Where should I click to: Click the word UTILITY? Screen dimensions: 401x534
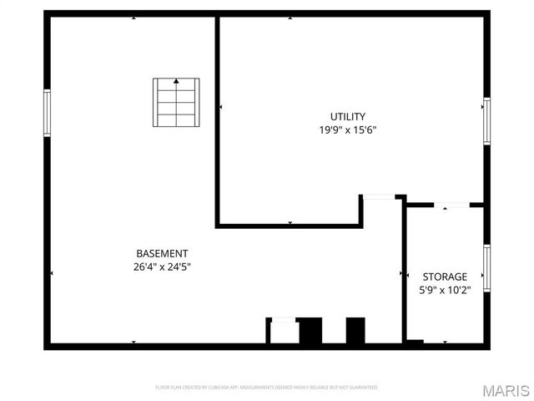tap(347, 117)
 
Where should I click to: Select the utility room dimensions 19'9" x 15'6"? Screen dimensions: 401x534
tap(347, 130)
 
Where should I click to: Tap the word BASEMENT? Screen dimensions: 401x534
tap(162, 254)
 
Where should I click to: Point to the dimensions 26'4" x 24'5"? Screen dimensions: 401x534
tap(162, 267)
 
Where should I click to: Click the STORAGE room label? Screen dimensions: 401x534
tap(445, 277)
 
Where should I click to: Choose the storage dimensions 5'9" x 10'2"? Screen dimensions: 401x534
tap(445, 290)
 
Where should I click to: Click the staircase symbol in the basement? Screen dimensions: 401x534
tap(176, 102)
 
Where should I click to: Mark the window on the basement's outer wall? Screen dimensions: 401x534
tap(47, 113)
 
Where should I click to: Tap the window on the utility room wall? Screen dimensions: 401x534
tap(486, 120)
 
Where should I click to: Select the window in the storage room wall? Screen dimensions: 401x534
tap(486, 267)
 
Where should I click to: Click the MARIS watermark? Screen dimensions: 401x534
tap(505, 390)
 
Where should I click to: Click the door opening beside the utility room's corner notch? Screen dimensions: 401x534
tap(378, 197)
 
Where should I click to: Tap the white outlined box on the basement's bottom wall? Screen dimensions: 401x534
tap(282, 331)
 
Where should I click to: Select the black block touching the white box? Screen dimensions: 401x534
tap(310, 331)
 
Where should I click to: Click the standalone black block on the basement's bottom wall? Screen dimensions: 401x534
tap(355, 330)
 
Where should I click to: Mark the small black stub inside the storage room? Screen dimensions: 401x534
tap(414, 342)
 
